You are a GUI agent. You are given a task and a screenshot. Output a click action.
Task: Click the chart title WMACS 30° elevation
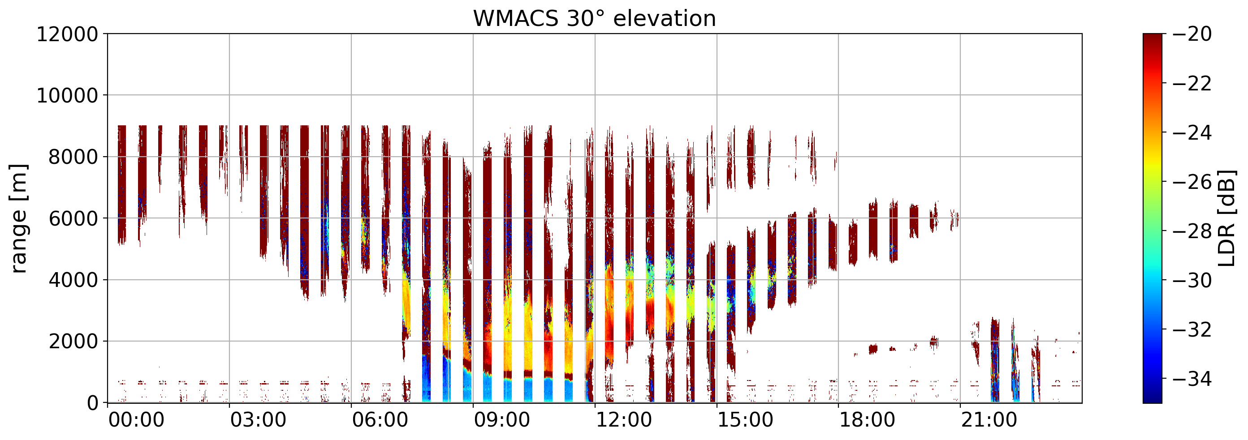595,19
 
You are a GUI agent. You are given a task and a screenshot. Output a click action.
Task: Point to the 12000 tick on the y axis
67,34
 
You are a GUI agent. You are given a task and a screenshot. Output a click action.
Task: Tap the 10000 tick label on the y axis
67,96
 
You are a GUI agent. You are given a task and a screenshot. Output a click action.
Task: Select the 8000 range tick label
73,157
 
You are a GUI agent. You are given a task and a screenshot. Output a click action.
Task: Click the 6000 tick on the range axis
73,219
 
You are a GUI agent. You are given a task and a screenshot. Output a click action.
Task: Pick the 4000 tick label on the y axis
73,280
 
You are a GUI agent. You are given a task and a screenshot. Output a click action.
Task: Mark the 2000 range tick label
73,342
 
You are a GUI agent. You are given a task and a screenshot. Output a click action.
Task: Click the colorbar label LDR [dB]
1226,218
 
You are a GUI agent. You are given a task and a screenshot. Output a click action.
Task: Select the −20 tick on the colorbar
1192,34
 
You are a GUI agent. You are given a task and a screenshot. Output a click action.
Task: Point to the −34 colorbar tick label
1192,379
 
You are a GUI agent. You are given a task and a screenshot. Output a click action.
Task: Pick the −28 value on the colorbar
1192,231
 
